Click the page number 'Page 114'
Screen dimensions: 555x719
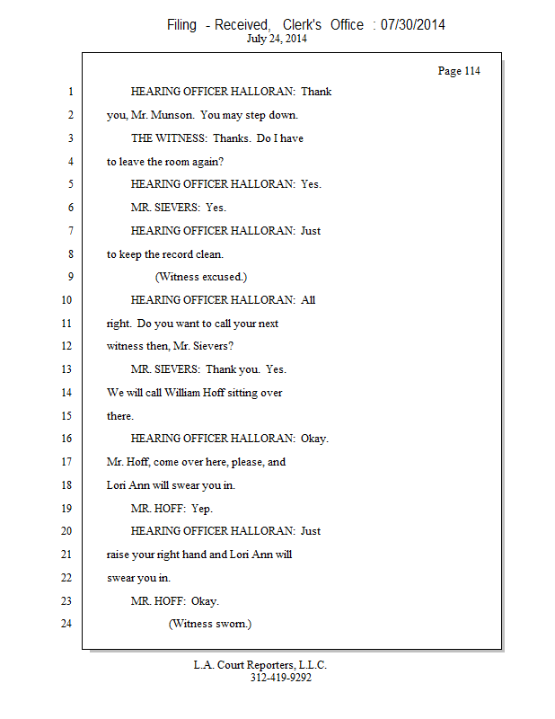[x=459, y=71]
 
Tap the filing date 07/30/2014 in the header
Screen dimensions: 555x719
[x=412, y=24]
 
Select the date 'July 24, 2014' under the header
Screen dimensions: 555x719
[x=277, y=39]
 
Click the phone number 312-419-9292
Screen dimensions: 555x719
[x=281, y=678]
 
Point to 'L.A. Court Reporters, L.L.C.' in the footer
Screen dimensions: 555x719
[x=260, y=665]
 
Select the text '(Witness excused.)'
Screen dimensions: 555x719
[x=201, y=277]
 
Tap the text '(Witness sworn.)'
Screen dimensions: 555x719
[x=210, y=624]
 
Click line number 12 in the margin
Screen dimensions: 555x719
[x=66, y=346]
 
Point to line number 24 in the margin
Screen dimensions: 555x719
[x=66, y=623]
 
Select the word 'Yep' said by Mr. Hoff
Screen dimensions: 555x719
[x=202, y=509]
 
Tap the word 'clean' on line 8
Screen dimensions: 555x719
[x=209, y=254]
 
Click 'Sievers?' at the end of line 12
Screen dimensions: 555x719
[x=213, y=346]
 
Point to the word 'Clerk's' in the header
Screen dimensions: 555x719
[x=302, y=24]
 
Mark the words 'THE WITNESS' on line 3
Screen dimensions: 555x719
[x=169, y=138]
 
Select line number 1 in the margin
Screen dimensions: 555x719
[x=71, y=92]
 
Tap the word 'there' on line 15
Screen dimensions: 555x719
[x=120, y=416]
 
